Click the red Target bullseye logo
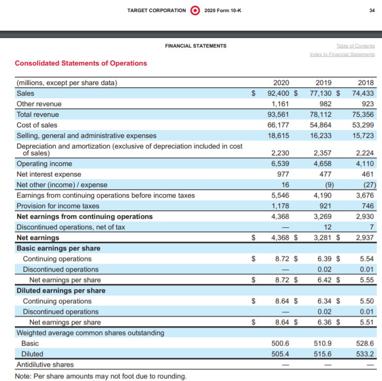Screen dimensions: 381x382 click(x=195, y=10)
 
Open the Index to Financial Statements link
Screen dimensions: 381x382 click(x=343, y=54)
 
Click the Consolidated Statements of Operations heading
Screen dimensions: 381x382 click(x=81, y=63)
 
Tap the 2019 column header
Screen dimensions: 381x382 click(x=323, y=82)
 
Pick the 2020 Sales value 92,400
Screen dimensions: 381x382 click(x=279, y=93)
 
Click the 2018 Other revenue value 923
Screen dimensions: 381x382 click(x=366, y=104)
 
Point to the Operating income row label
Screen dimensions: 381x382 click(x=44, y=164)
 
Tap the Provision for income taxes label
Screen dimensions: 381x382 click(x=58, y=206)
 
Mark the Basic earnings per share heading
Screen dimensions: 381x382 click(x=58, y=248)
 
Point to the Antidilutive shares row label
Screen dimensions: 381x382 click(x=46, y=365)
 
